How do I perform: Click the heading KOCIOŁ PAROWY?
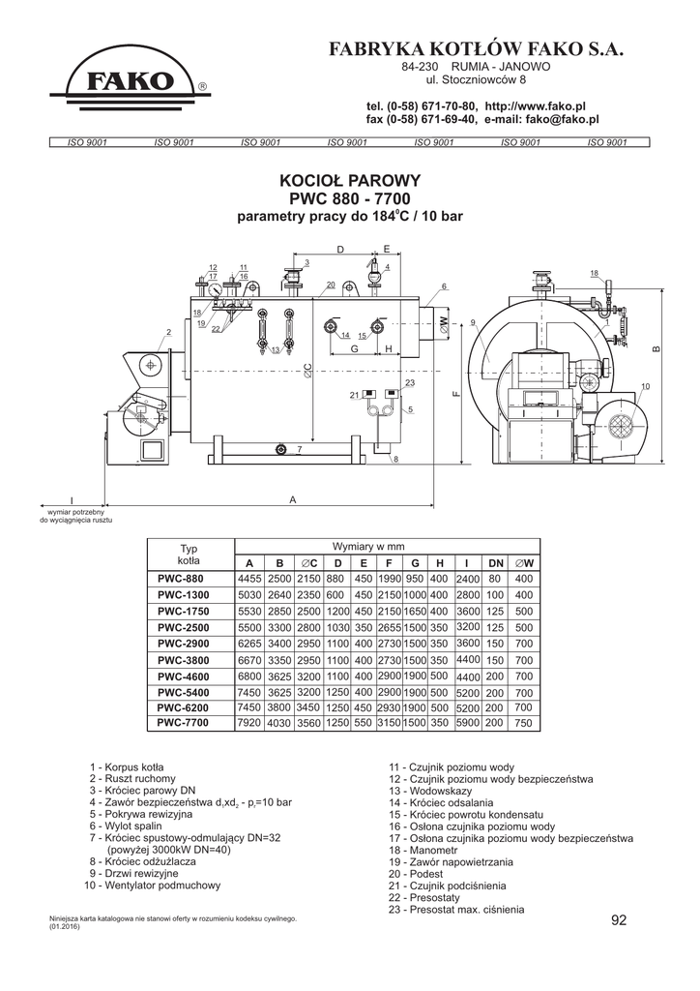(x=349, y=180)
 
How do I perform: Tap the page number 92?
(x=619, y=919)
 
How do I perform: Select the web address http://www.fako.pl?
(x=537, y=105)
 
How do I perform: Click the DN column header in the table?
(x=496, y=562)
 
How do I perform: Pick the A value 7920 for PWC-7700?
(x=248, y=722)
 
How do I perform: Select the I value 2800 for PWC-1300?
(x=467, y=593)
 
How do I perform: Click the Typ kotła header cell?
(x=189, y=555)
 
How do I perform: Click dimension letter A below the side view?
(x=292, y=498)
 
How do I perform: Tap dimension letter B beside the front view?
(x=655, y=349)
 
